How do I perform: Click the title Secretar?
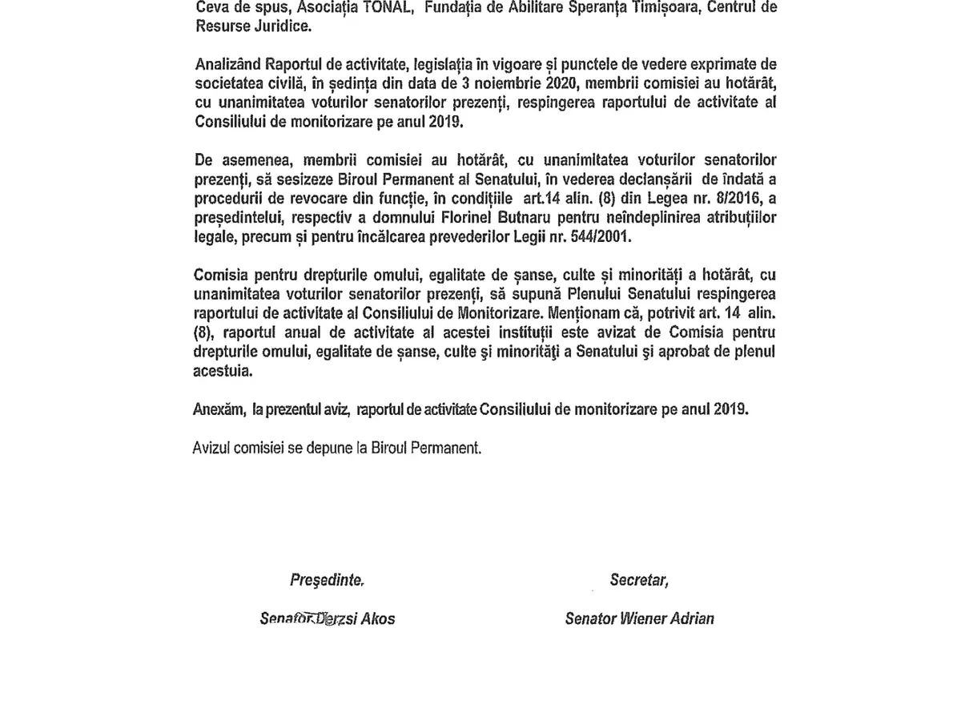point(638,579)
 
